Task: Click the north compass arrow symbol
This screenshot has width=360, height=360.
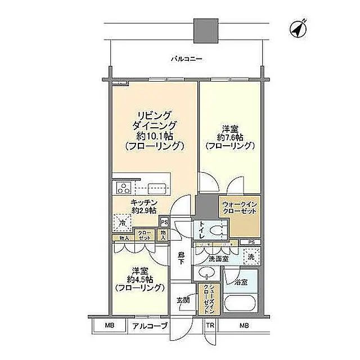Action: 299,29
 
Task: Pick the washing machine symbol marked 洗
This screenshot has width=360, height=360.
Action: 250,256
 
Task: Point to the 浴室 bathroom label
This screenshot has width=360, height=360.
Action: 241,280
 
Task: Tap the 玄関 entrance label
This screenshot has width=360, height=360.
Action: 183,299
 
